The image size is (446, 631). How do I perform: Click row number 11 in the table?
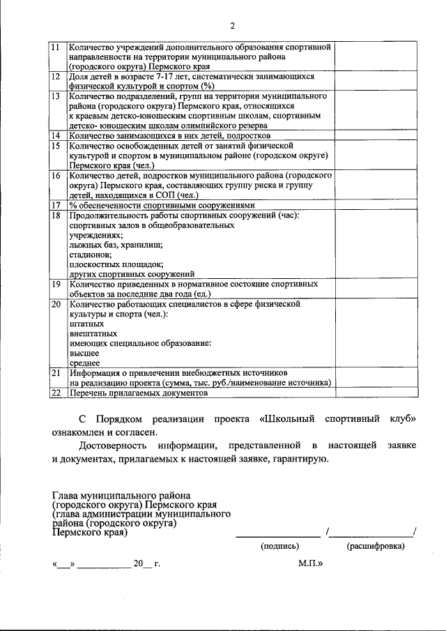point(56,46)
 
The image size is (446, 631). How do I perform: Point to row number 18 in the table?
point(56,215)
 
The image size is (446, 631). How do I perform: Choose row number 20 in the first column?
point(56,304)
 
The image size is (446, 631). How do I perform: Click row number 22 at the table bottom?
point(56,393)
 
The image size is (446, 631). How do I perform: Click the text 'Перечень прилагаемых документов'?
point(139,393)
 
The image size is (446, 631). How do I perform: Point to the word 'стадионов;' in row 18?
point(89,254)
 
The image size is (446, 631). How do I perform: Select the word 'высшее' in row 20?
point(84,353)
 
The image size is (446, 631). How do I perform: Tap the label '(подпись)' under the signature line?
point(279,546)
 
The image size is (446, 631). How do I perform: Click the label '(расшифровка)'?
point(376,546)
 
